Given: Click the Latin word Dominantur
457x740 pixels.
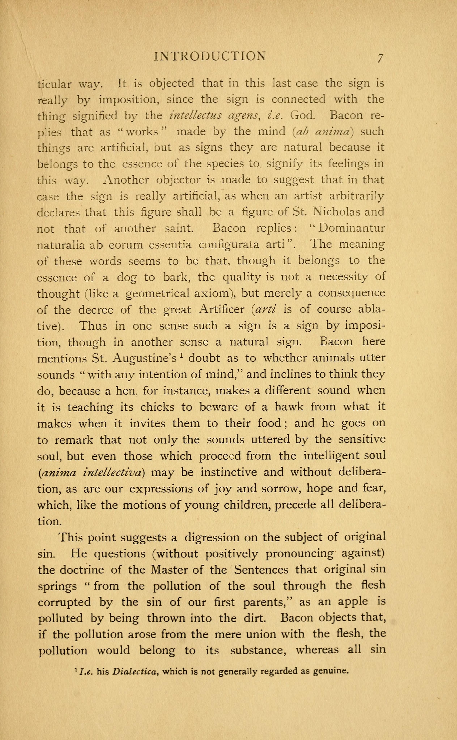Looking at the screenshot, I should (352, 228).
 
